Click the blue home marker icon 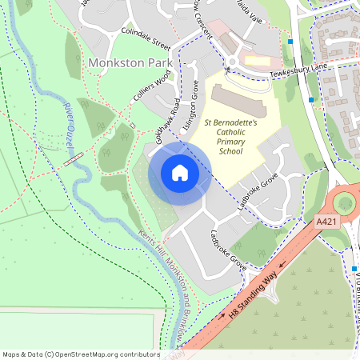(x=180, y=172)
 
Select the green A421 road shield (x=326, y=220)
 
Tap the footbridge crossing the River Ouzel (x=74, y=160)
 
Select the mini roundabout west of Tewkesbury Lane (x=233, y=63)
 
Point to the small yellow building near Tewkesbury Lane (x=257, y=60)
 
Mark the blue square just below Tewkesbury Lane (x=311, y=99)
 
